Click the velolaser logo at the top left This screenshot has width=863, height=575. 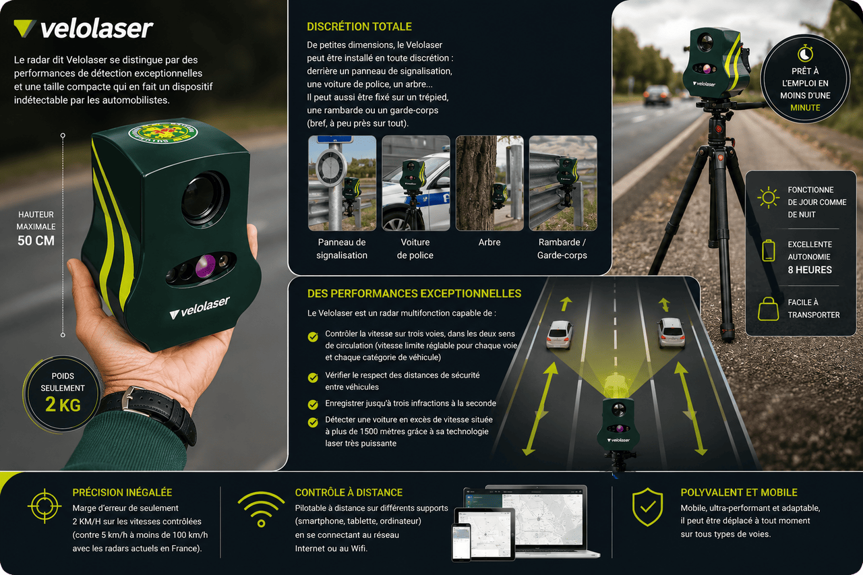point(83,29)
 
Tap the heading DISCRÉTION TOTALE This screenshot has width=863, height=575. point(359,26)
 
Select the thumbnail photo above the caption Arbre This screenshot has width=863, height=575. point(489,183)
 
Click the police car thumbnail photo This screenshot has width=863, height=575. point(416,183)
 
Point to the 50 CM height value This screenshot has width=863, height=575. point(36,241)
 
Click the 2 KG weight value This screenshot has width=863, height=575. point(63,404)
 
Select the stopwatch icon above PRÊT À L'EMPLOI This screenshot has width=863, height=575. point(805,53)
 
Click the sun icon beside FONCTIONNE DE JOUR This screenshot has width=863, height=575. point(768,198)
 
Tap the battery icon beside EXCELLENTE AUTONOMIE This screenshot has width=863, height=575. point(768,250)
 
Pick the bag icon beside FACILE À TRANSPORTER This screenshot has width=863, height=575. point(768,309)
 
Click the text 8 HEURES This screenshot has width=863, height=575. point(810,270)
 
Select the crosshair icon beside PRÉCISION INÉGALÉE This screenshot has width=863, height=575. point(44,506)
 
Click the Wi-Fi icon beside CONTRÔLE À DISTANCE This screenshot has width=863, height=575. point(261,509)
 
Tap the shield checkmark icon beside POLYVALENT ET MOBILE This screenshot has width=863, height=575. point(647,507)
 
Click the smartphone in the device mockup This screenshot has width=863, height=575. point(462,542)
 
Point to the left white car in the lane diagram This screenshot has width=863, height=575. point(559,334)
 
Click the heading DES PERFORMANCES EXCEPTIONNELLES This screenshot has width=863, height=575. point(414,293)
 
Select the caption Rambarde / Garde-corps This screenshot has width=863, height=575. point(562,249)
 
